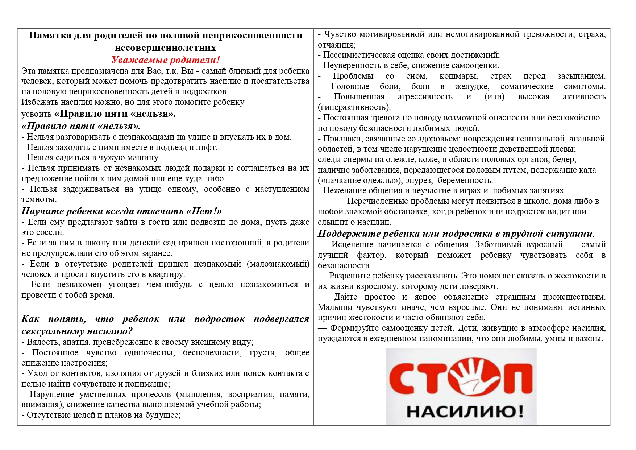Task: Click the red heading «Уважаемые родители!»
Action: [x=166, y=60]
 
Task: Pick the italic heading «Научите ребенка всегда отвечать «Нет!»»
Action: [x=121, y=211]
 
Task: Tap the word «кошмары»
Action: [x=458, y=76]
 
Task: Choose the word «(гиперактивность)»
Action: [x=354, y=107]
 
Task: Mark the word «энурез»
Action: [x=419, y=181]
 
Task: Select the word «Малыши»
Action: [x=334, y=307]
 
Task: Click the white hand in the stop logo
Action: [x=467, y=377]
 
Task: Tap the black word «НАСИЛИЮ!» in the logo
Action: [x=465, y=412]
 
